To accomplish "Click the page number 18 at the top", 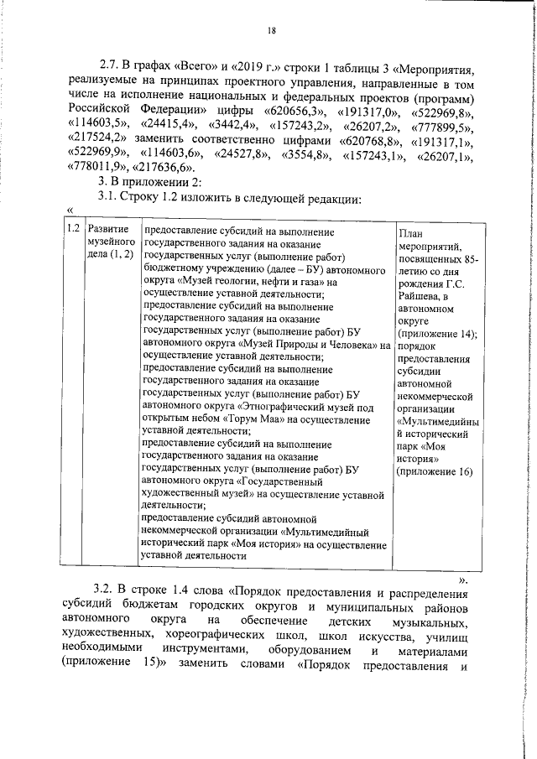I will point(271,31).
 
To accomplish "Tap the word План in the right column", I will point(411,234).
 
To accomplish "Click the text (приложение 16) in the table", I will point(435,471).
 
